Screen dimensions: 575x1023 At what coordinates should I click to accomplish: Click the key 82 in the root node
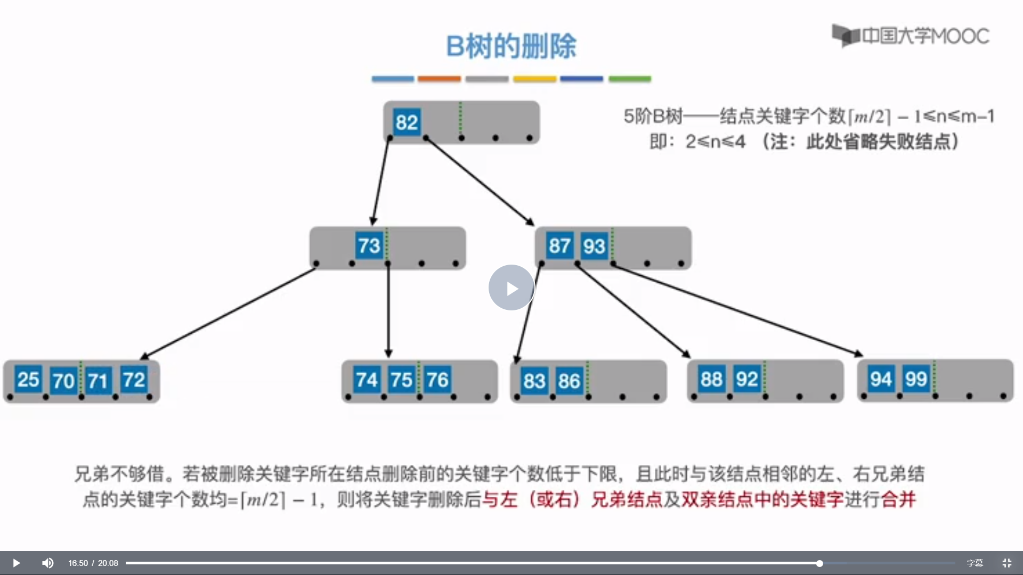(x=407, y=122)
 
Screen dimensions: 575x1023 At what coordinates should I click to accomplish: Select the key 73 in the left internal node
(x=369, y=245)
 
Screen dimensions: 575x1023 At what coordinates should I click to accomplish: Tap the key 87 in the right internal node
(x=559, y=246)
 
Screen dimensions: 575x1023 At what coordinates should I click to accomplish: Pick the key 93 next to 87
(x=594, y=247)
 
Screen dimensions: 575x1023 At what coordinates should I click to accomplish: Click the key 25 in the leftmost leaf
(x=28, y=380)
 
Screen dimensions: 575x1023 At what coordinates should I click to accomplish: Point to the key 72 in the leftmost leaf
(x=134, y=380)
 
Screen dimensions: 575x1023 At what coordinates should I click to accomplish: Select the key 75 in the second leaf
(x=401, y=380)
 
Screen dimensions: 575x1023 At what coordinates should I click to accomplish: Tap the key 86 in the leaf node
(x=569, y=381)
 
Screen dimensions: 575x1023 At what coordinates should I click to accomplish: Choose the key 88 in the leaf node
(x=711, y=379)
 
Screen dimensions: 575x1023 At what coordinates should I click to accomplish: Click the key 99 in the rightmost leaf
(x=916, y=379)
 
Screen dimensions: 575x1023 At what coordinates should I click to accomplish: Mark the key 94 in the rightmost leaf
(x=881, y=379)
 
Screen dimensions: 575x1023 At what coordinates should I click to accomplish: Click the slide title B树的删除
(x=511, y=46)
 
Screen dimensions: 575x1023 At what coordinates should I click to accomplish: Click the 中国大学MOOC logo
(x=911, y=36)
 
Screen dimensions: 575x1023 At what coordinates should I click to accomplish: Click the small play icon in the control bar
(x=16, y=563)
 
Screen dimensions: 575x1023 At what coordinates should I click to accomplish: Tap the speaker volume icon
(x=48, y=563)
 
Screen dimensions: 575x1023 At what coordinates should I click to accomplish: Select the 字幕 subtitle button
(x=975, y=563)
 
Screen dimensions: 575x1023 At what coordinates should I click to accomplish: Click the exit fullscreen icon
(x=1006, y=563)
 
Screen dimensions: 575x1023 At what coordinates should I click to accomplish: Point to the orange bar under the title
(x=439, y=79)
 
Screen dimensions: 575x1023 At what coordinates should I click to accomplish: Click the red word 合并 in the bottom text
(x=898, y=499)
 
